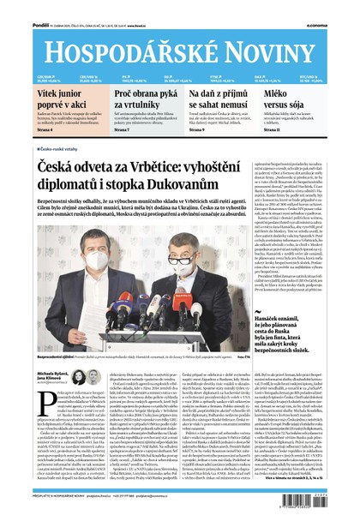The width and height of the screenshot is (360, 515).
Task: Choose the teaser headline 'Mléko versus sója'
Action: click(307, 94)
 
